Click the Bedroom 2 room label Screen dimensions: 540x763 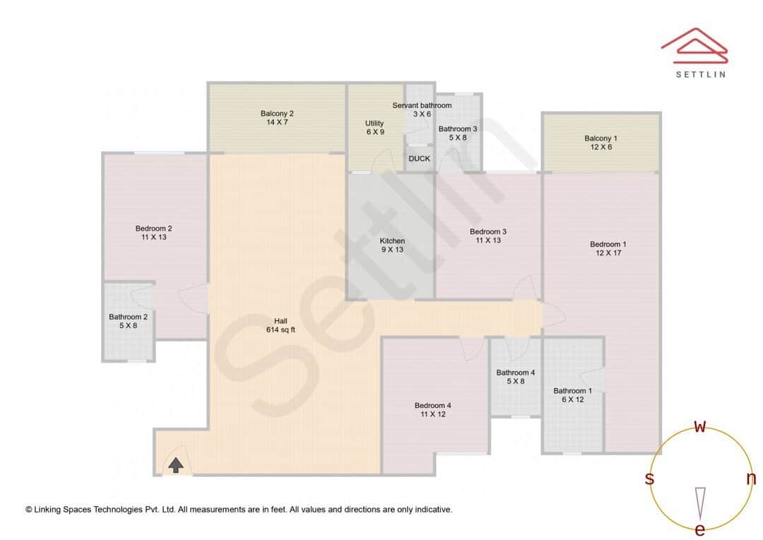pyautogui.click(x=153, y=228)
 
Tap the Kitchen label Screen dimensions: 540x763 pyautogui.click(x=392, y=241)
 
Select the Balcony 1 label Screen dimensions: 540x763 pyautogui.click(x=601, y=138)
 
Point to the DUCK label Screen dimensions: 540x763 pyautogui.click(x=419, y=158)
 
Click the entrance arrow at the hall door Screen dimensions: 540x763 pyautogui.click(x=176, y=464)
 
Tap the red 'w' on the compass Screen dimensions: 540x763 pyautogui.click(x=700, y=426)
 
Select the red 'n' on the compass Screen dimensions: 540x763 pyautogui.click(x=751, y=479)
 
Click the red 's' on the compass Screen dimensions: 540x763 pyautogui.click(x=649, y=479)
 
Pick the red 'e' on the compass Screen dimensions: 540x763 pyautogui.click(x=700, y=530)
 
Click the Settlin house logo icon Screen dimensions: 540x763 pyautogui.click(x=694, y=44)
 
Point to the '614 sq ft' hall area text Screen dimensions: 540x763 pyautogui.click(x=280, y=330)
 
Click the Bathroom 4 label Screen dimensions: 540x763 pyautogui.click(x=515, y=372)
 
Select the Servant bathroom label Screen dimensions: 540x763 pyautogui.click(x=422, y=105)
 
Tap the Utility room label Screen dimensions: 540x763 pyautogui.click(x=374, y=124)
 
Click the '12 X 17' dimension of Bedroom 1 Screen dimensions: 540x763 pyautogui.click(x=608, y=253)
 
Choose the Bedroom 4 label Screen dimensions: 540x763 pyautogui.click(x=432, y=405)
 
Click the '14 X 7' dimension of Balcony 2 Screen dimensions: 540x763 pyautogui.click(x=276, y=122)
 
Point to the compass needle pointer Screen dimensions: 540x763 pyautogui.click(x=700, y=502)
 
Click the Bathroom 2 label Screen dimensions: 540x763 pyautogui.click(x=128, y=317)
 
